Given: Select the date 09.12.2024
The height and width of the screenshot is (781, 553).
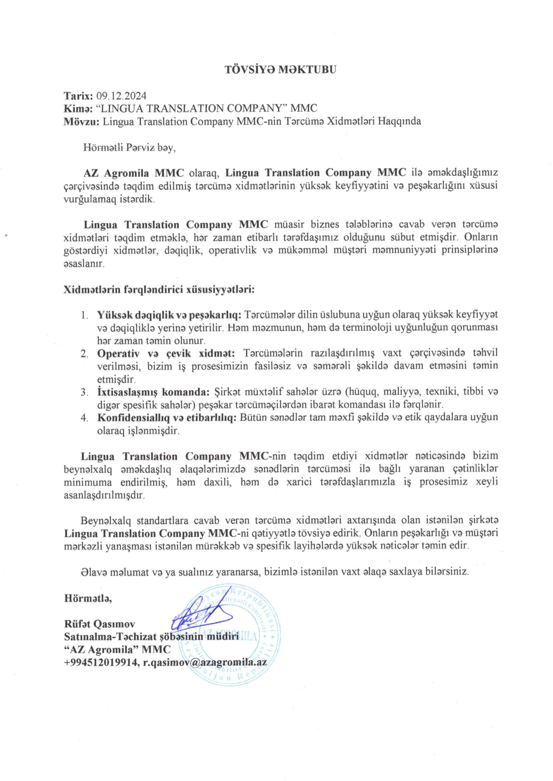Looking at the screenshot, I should click(121, 96).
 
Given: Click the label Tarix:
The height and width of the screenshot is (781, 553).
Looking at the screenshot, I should click(78, 96).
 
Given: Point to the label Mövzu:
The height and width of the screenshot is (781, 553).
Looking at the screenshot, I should click(81, 121).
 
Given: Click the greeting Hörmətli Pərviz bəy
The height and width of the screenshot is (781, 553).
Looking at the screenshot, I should click(129, 148).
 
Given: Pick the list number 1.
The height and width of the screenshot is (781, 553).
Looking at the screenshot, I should click(84, 315).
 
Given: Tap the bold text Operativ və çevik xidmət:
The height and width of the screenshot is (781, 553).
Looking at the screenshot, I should click(166, 353).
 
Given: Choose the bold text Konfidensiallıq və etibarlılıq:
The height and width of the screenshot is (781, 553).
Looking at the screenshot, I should click(167, 418).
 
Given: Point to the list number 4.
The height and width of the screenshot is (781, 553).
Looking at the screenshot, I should click(84, 418).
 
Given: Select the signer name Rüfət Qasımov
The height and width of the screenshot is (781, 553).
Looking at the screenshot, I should click(99, 624).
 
